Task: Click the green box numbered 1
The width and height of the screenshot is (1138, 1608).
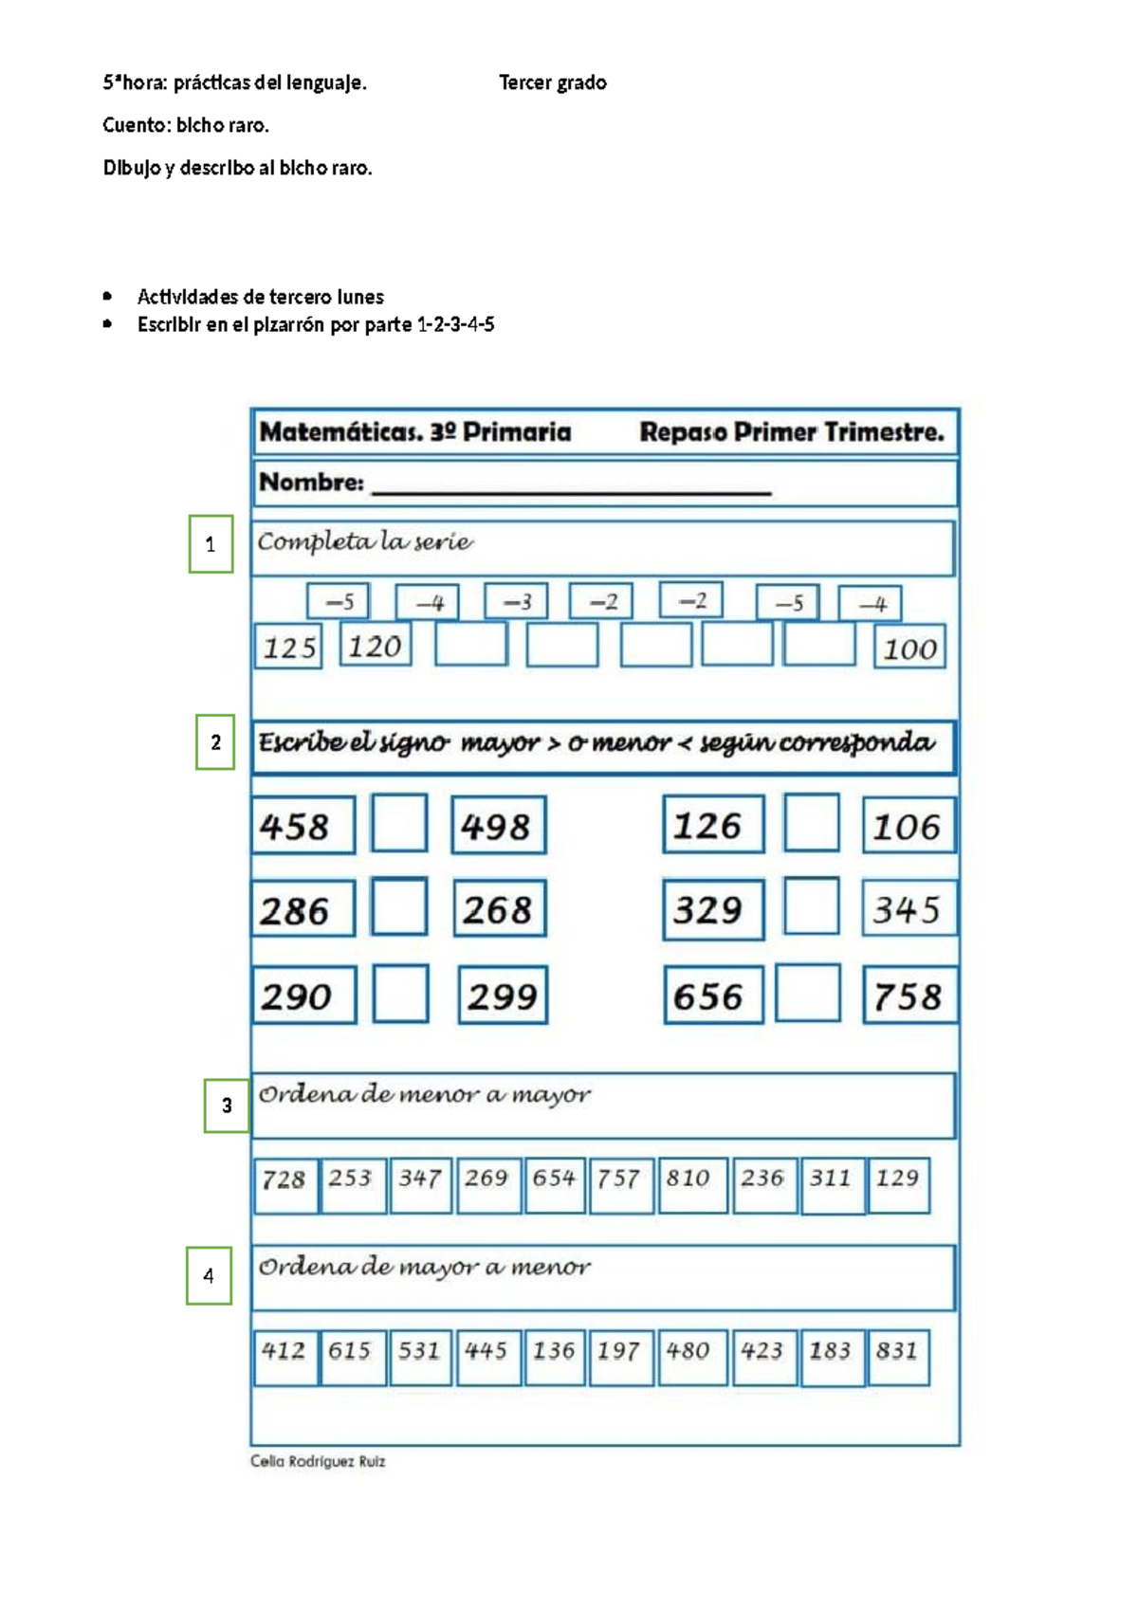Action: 211,543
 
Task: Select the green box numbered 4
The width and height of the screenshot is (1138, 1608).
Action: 209,1275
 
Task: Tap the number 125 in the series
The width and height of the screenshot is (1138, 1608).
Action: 288,648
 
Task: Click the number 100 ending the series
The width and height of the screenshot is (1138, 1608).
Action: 909,649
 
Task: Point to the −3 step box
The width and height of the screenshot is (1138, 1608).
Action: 516,601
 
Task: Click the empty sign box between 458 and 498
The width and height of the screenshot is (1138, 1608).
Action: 399,823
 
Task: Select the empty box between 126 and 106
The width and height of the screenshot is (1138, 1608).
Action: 812,823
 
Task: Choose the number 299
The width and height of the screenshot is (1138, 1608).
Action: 503,995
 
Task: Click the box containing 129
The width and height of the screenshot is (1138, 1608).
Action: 898,1186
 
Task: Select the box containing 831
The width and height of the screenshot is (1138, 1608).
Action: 898,1358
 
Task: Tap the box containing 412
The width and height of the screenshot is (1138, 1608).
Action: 285,1358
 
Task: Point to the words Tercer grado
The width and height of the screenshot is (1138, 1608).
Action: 553,83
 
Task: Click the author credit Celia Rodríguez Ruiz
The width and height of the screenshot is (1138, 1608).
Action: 318,1461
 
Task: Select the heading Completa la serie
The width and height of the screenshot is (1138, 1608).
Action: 365,542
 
